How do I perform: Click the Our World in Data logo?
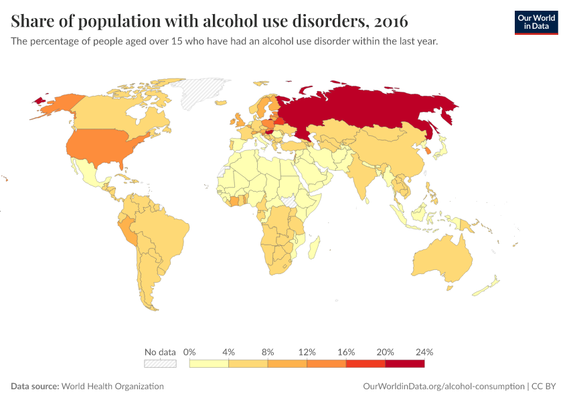pos(536,22)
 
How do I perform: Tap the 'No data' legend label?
pos(160,352)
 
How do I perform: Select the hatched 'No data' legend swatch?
pos(160,364)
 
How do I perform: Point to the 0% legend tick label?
pos(189,352)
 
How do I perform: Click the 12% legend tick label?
pos(307,352)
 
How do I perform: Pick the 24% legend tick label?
pos(424,352)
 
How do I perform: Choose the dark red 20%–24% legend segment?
pos(404,364)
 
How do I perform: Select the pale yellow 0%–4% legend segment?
pos(209,364)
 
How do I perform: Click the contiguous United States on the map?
pos(100,147)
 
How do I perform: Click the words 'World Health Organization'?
pos(112,387)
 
